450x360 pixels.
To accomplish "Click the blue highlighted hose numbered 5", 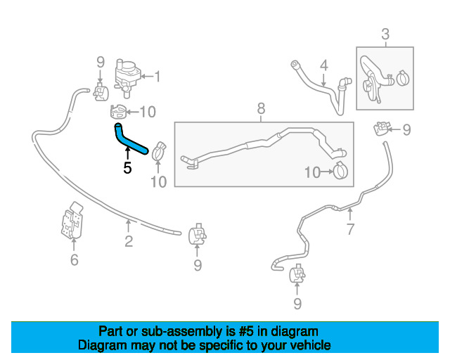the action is coord(129,141).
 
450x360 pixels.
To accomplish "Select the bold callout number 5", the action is coord(127,168).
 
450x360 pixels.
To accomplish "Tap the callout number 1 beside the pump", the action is coord(157,77).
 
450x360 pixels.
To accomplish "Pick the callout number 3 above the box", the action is coord(385,34).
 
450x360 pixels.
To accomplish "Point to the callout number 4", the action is coord(323,65).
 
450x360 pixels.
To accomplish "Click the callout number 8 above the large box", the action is coord(261,109).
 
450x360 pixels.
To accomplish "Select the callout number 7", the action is coord(350,229).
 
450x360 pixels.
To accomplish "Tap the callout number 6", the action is coord(74,260).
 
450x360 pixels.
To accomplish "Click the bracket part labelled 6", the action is coord(72,221).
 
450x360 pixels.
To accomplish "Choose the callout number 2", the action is coord(129,241).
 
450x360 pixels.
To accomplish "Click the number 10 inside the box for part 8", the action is coord(312,172).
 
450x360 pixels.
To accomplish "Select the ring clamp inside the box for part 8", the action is coord(340,171).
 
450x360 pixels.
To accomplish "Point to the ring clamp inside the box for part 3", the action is coord(403,78).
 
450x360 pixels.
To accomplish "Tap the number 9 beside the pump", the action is coord(100,62).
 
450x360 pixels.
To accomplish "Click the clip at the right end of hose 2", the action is coord(197,234).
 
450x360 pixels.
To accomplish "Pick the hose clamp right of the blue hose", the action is coord(159,151).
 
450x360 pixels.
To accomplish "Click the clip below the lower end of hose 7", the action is coord(297,273).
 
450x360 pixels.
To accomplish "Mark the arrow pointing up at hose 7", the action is coord(350,214).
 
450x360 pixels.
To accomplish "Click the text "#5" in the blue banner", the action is coord(246,332).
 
